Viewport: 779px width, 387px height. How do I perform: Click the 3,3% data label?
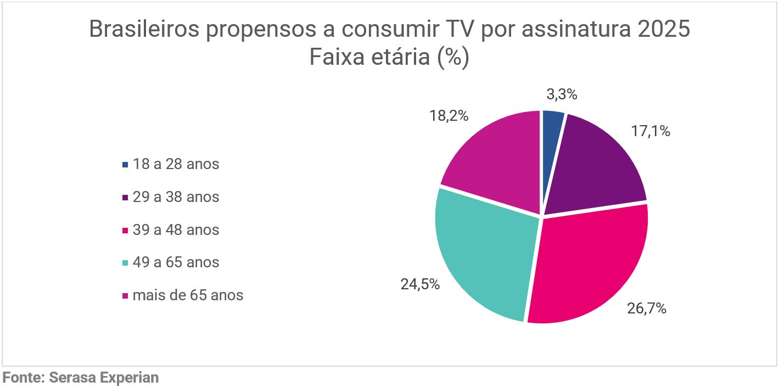562,94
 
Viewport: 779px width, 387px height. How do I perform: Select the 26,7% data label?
647,309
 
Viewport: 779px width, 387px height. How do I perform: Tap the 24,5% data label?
420,284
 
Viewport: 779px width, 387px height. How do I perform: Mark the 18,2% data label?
449,116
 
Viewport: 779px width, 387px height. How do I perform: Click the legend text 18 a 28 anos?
176,164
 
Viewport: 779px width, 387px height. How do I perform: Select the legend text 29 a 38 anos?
176,197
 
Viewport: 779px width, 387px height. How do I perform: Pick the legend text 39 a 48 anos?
176,229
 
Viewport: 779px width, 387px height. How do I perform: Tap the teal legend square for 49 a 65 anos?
125,262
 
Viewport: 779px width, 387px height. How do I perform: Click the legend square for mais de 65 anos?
125,295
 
